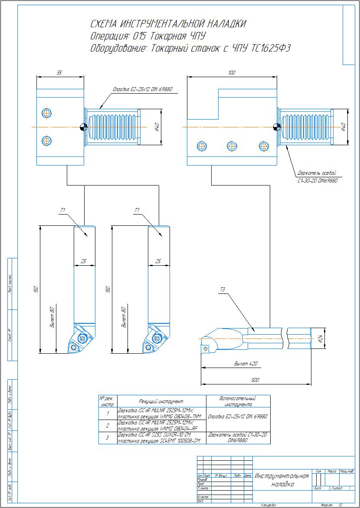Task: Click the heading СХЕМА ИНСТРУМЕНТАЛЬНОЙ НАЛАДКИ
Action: pos(168,23)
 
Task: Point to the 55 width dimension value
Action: pos(59,73)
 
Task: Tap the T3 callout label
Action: pos(223,290)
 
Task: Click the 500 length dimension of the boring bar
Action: pos(255,380)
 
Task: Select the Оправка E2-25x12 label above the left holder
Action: pos(143,89)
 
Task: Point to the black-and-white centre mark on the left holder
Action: pos(84,127)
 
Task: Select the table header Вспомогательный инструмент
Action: pos(237,401)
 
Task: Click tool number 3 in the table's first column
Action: pos(108,438)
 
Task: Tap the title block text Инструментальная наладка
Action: pos(282,480)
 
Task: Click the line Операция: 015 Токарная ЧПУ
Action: pos(148,36)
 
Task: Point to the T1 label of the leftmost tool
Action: pos(63,210)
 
